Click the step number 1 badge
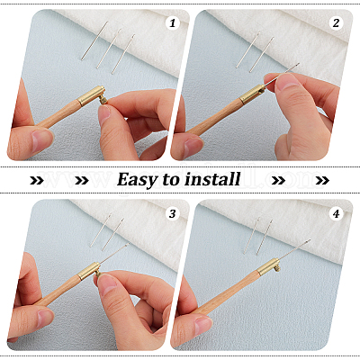click(x=172, y=23)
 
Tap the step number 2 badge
click(x=336, y=23)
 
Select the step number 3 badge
click(x=172, y=214)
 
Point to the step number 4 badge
click(x=336, y=214)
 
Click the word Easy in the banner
click(x=138, y=180)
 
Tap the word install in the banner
click(x=212, y=179)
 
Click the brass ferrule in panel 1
click(x=91, y=95)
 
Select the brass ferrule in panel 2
click(x=252, y=94)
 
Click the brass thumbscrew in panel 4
click(x=276, y=267)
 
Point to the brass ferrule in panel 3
click(x=89, y=271)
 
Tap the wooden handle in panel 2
click(x=213, y=115)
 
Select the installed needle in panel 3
click(x=113, y=254)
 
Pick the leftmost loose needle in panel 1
click(x=94, y=40)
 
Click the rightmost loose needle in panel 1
click(x=123, y=54)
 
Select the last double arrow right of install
click(x=322, y=180)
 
